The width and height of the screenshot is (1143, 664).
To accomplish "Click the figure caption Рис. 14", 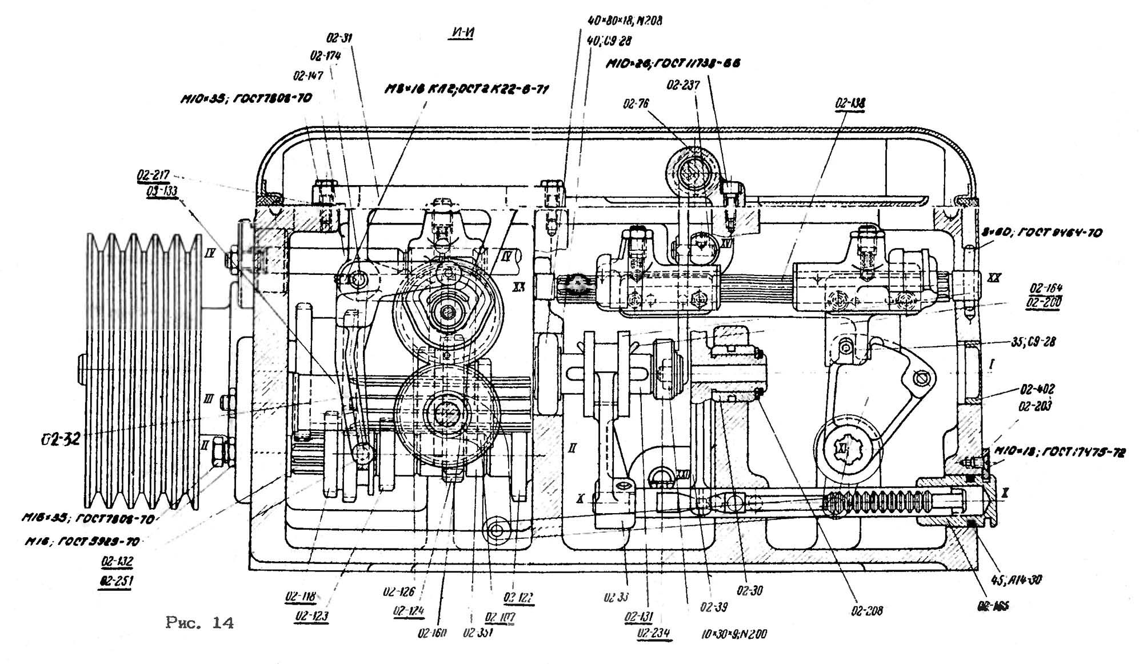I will point(200,623).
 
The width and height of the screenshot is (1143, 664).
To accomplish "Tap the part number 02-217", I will point(153,175).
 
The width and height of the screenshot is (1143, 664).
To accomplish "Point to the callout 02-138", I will point(850,103).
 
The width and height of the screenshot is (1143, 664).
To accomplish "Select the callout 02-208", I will point(867,611).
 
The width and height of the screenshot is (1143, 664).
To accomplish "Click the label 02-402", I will point(1037,390).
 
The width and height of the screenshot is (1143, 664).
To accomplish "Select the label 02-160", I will point(432,633).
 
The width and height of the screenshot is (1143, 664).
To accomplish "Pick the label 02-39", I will point(714,608).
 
